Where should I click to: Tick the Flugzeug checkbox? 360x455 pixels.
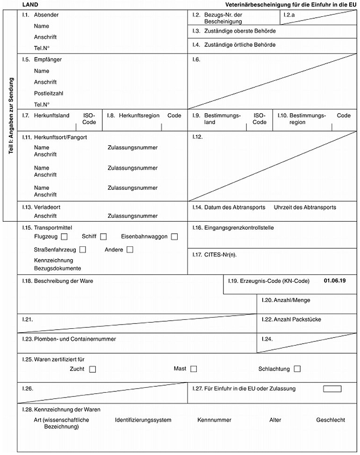[x=64, y=237]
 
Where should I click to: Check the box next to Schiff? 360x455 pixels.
[x=103, y=237]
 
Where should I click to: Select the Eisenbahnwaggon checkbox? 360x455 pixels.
[x=174, y=237]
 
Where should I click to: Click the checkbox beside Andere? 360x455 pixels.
[x=130, y=250]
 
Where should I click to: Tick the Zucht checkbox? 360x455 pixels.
[x=92, y=369]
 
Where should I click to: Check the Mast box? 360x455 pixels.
[x=194, y=369]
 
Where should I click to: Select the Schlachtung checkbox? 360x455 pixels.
[x=297, y=369]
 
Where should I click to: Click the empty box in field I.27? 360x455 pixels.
[x=332, y=389]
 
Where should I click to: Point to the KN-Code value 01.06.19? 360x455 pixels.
[x=335, y=281]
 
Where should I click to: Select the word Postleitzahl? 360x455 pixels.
[x=49, y=94]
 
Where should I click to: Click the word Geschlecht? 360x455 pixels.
[x=331, y=420]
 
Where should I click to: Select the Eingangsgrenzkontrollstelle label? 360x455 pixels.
[x=239, y=228]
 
